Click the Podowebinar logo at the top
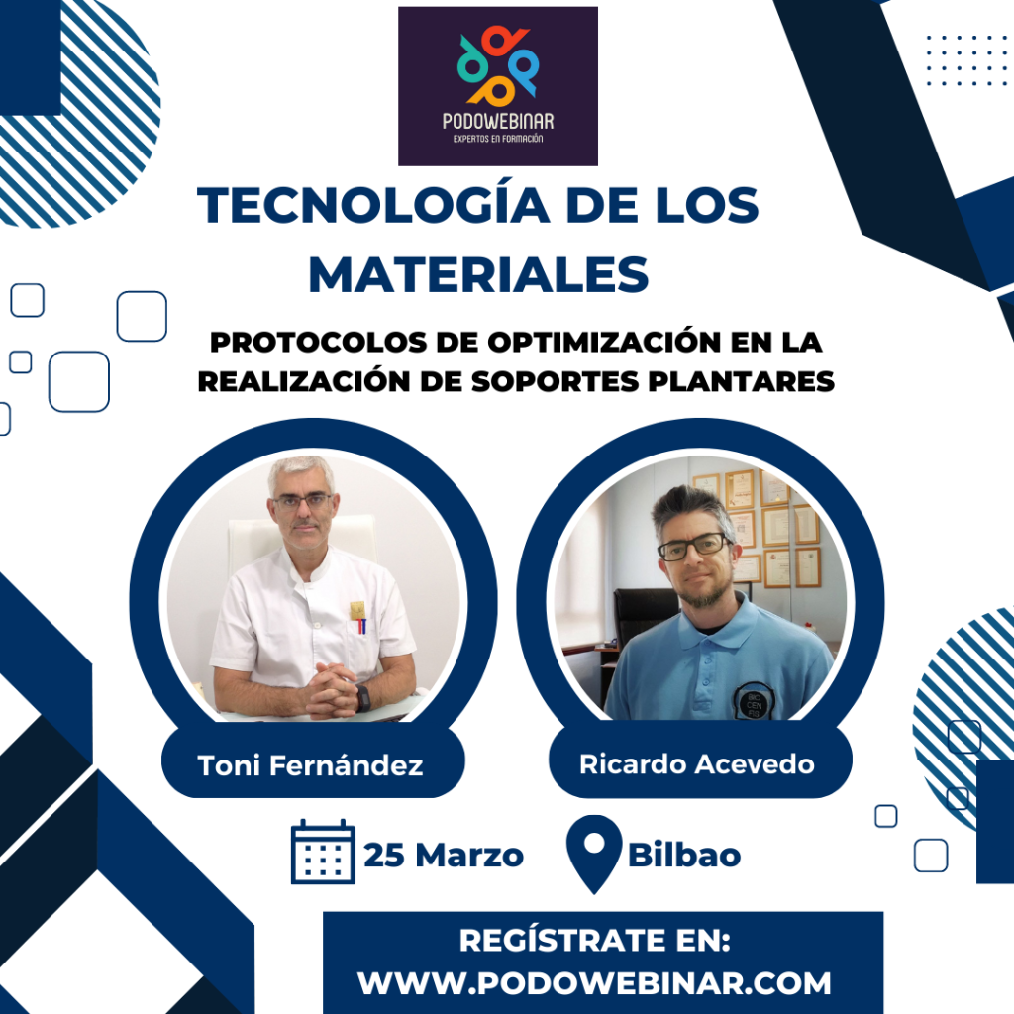pos(497,86)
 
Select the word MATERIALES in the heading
pos(478,275)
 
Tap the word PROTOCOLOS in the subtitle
pos(318,343)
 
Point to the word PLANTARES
pos(741,381)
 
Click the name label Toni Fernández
pos(310,765)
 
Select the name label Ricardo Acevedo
pos(696,764)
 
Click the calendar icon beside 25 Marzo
pos(323,851)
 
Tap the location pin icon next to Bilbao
pos(594,854)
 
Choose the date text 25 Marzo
pos(444,855)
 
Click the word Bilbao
pos(684,855)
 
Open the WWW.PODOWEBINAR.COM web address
pos(594,983)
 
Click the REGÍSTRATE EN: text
pos(594,941)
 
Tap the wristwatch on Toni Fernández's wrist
pos(362,698)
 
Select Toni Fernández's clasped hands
pos(331,690)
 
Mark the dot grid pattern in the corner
pos(967,60)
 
